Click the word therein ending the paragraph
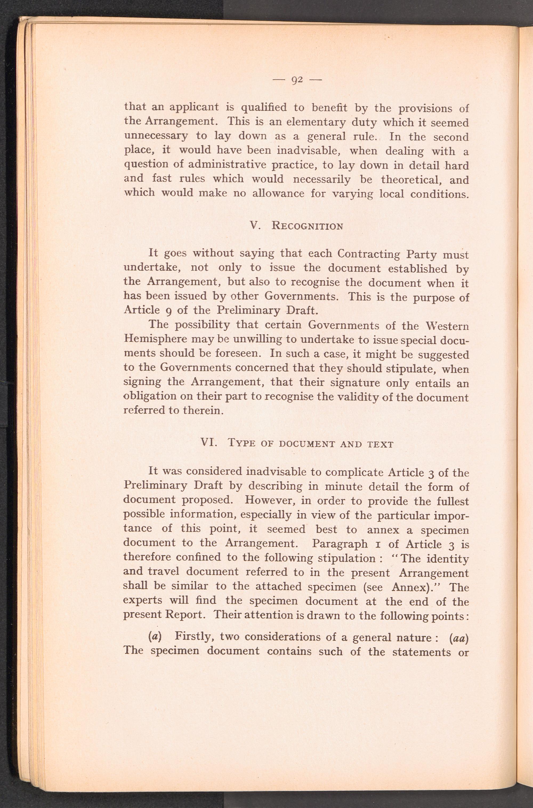pyautogui.click(x=203, y=411)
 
